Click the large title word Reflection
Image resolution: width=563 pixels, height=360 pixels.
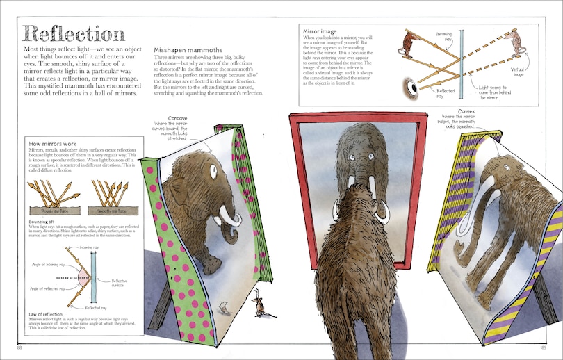click(x=74, y=33)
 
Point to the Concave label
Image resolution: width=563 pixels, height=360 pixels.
click(x=178, y=118)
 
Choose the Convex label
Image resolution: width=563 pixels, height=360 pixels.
click(x=466, y=111)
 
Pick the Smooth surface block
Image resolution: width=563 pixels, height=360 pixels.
click(x=109, y=211)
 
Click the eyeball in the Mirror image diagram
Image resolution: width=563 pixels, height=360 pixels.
click(x=414, y=87)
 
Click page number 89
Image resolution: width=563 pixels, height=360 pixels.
click(x=544, y=347)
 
